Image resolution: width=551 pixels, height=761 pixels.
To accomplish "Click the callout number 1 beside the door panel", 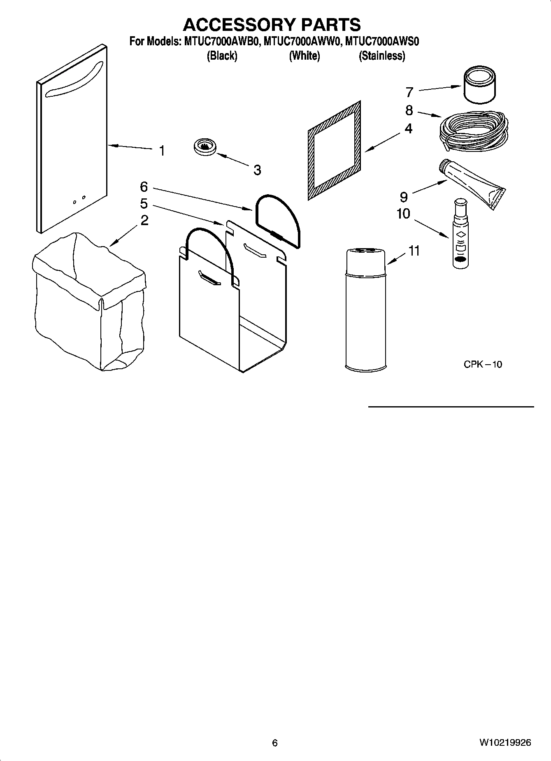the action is [x=162, y=151].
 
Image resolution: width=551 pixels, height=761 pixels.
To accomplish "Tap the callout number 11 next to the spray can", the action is [x=414, y=251].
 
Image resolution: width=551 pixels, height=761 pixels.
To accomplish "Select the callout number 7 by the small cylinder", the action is [x=409, y=92].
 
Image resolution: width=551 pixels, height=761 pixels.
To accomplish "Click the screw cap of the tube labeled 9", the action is [x=443, y=166].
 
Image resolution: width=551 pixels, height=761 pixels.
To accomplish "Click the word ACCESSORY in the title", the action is [x=239, y=25].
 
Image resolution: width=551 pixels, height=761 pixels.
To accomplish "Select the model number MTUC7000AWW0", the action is [x=302, y=42].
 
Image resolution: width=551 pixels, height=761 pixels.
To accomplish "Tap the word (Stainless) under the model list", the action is [x=382, y=56].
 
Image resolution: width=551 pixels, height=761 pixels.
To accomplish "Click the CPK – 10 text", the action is [x=483, y=364].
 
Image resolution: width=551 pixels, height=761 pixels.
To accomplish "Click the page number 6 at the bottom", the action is [x=275, y=743].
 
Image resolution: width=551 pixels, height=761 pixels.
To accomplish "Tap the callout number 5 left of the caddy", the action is [x=144, y=204].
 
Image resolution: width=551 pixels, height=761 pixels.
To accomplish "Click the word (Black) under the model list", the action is [x=222, y=56].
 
